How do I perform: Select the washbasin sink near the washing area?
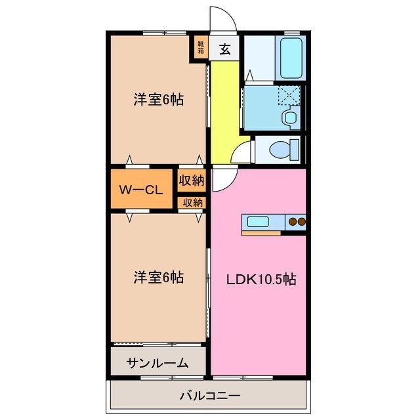pos(289,117)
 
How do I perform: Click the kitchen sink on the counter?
pos(255,221)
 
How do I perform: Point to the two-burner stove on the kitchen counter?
pos(297,222)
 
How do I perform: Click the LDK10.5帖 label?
pos(261,279)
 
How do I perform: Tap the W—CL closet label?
pos(140,190)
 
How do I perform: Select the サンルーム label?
pos(157,363)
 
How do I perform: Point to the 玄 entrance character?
pos(225,48)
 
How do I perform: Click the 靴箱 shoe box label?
pos(200,48)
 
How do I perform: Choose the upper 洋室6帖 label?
pos(158,100)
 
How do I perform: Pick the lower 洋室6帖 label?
pos(158,278)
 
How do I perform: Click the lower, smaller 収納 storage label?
pos(192,203)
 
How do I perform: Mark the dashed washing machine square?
pos(288,96)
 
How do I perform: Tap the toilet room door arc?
pos(243,150)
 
